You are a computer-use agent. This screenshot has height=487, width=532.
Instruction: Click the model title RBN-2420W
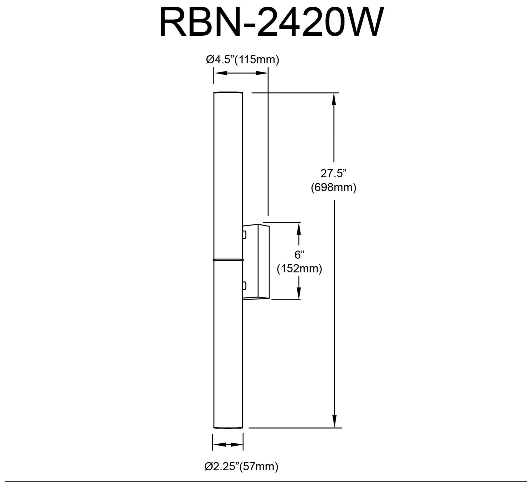(271, 22)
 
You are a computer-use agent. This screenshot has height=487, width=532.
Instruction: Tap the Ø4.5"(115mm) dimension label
(242, 60)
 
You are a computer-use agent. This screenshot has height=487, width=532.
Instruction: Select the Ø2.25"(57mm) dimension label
(241, 467)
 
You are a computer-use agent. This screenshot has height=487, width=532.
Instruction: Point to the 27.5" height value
(333, 173)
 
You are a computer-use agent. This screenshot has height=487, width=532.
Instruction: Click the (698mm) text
(334, 187)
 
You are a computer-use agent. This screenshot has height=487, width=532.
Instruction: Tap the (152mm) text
(300, 269)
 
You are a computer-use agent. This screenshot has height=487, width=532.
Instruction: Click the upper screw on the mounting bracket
(245, 235)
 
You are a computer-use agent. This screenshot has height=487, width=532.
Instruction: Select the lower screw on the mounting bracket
(245, 285)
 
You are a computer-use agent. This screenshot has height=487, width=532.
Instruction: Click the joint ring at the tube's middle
(228, 260)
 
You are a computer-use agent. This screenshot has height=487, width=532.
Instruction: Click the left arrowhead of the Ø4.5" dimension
(219, 73)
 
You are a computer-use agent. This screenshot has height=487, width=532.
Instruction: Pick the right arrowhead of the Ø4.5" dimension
(263, 73)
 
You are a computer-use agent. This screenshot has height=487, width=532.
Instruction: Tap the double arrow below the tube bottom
(228, 445)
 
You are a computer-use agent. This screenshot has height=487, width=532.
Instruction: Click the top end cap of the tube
(228, 93)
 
